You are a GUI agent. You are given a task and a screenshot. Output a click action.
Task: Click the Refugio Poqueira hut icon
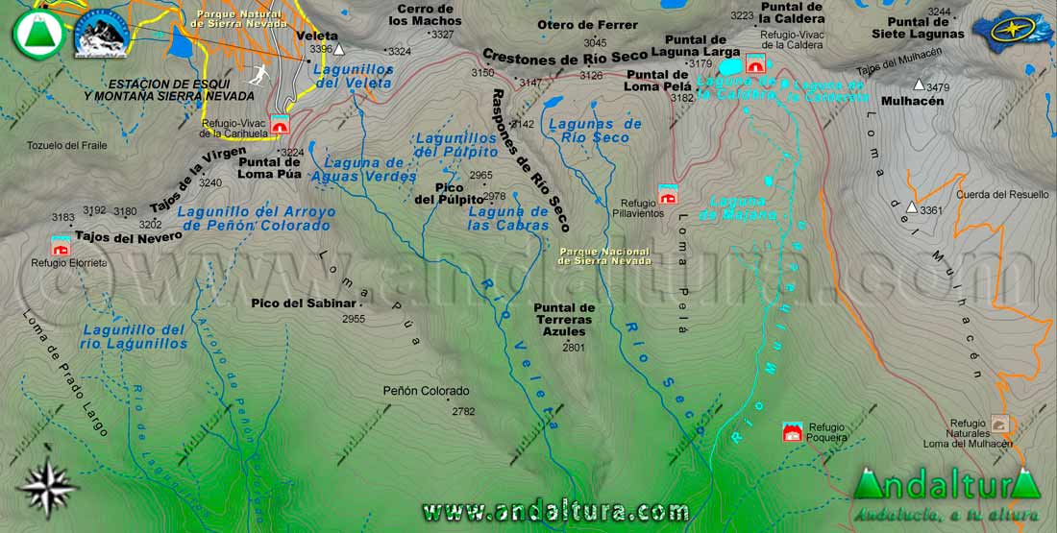[792, 432]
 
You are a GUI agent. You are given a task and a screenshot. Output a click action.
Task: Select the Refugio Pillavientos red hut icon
[668, 194]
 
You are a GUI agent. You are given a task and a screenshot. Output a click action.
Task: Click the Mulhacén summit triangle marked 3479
[920, 85]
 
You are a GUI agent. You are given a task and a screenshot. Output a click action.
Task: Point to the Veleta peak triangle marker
[338, 48]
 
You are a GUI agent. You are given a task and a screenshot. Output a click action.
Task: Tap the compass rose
[47, 488]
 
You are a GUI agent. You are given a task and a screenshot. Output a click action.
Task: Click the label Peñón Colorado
[426, 391]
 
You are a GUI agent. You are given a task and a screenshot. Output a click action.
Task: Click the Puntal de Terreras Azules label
[564, 319]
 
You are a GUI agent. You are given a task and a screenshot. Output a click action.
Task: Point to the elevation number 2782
[463, 411]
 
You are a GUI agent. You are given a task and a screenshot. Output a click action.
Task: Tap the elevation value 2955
[354, 319]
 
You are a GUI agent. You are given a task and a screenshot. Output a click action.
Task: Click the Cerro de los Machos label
[425, 14]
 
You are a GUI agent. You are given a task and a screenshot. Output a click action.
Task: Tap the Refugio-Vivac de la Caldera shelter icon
[755, 63]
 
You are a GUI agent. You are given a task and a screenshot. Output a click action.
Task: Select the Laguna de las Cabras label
[508, 218]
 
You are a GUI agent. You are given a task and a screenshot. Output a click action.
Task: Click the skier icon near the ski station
[258, 75]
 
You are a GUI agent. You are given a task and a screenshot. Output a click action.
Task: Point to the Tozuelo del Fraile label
[67, 146]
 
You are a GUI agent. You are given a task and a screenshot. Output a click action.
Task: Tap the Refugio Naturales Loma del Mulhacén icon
[999, 423]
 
